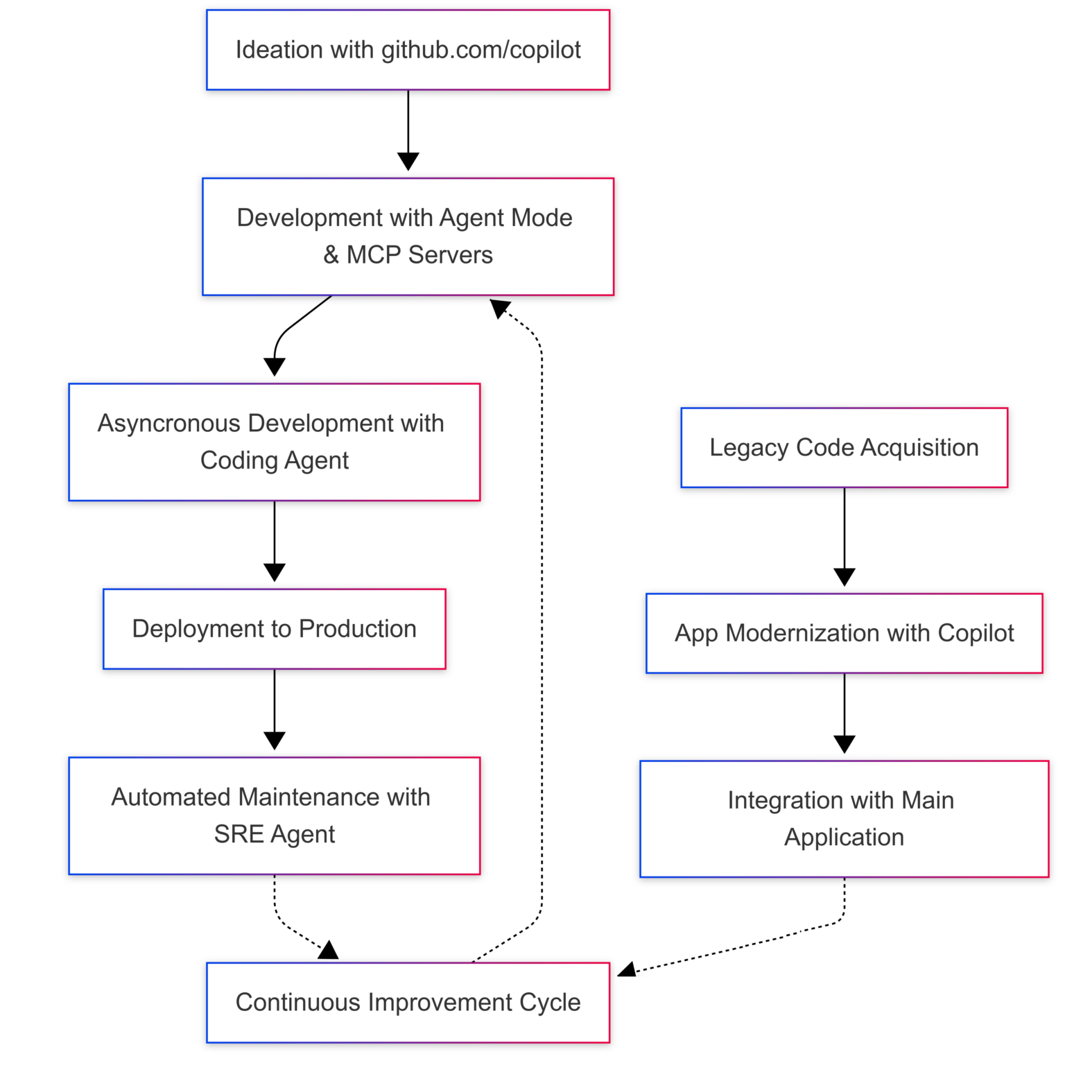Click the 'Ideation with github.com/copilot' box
[408, 50]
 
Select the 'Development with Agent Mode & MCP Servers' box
[408, 236]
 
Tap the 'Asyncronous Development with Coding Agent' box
[274, 442]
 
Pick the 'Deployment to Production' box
[274, 629]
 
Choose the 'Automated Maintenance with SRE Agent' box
[274, 815]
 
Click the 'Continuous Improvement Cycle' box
[408, 1002]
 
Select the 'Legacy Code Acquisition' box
[844, 447]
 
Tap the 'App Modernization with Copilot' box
[844, 633]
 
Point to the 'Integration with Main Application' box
[844, 819]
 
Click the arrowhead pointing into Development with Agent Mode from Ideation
[408, 162]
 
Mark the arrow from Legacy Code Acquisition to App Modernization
[844, 537]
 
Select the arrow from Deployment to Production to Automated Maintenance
[274, 707]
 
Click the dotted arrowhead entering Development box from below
[499, 308]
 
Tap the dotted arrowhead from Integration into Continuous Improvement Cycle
[627, 970]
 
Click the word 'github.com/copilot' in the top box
[481, 50]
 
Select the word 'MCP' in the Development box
[374, 255]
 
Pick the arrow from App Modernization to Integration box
[844, 711]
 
